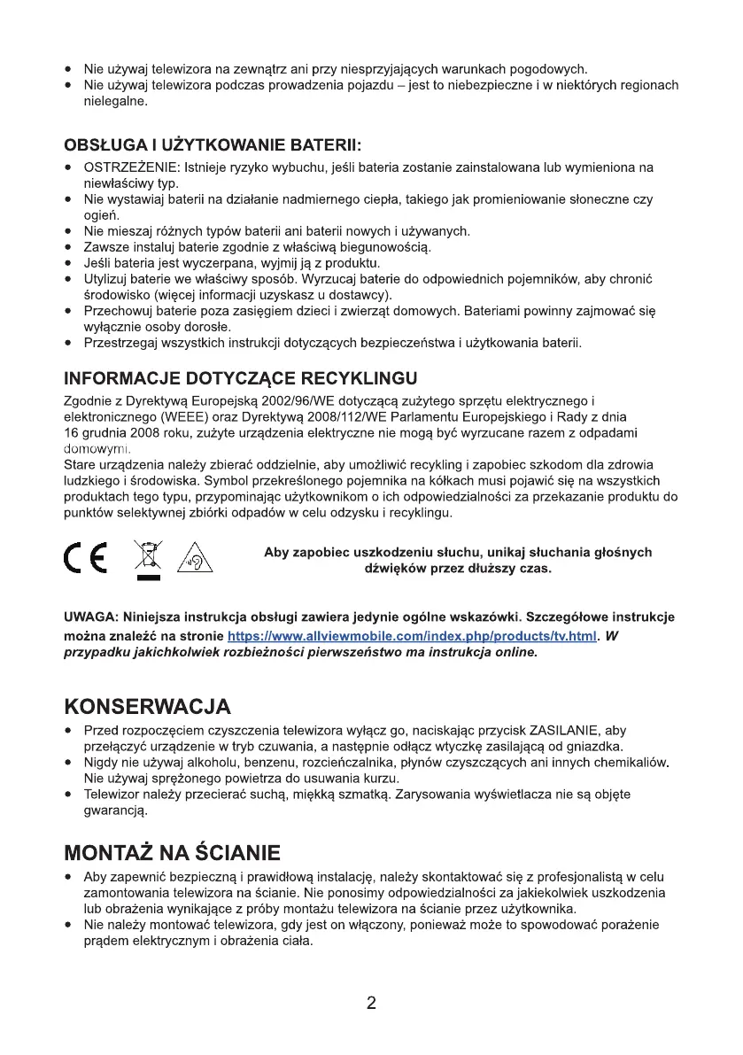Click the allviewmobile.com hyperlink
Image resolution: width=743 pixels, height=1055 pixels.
(x=412, y=636)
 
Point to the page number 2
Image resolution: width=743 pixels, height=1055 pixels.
(x=371, y=1004)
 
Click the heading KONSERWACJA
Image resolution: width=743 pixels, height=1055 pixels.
(x=148, y=707)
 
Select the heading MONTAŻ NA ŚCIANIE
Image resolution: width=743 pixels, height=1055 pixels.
(x=173, y=853)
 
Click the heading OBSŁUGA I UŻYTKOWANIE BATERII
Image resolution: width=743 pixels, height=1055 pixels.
(x=213, y=144)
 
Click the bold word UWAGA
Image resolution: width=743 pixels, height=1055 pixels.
(x=91, y=617)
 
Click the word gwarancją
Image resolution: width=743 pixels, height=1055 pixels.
(x=113, y=811)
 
